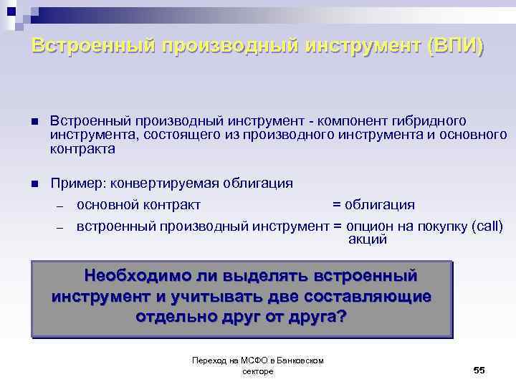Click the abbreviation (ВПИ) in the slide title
(455, 47)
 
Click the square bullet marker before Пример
(34, 183)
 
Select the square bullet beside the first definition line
(34, 121)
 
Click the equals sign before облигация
(337, 205)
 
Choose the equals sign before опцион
(337, 226)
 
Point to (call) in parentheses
(487, 226)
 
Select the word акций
(367, 239)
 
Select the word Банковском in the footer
(300, 360)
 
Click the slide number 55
(479, 369)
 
